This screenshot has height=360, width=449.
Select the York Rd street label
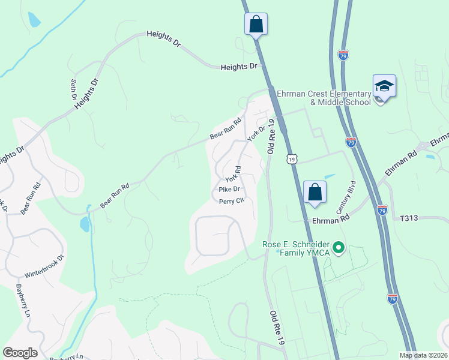pyautogui.click(x=233, y=174)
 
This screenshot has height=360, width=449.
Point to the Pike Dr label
pyautogui.click(x=229, y=190)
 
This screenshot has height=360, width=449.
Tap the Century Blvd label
pyautogui.click(x=346, y=197)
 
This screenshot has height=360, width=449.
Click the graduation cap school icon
pyautogui.click(x=384, y=87)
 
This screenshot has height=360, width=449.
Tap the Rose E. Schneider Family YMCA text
pyautogui.click(x=297, y=249)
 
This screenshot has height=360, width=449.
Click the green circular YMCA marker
pyautogui.click(x=339, y=247)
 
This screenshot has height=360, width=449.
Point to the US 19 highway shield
pyautogui.click(x=292, y=158)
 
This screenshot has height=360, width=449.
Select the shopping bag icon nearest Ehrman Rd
pyautogui.click(x=315, y=193)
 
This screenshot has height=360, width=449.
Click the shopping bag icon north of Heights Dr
pyautogui.click(x=256, y=25)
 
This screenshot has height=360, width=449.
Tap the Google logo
pyautogui.click(x=19, y=353)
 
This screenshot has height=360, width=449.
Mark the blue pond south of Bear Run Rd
pyautogui.click(x=85, y=224)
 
